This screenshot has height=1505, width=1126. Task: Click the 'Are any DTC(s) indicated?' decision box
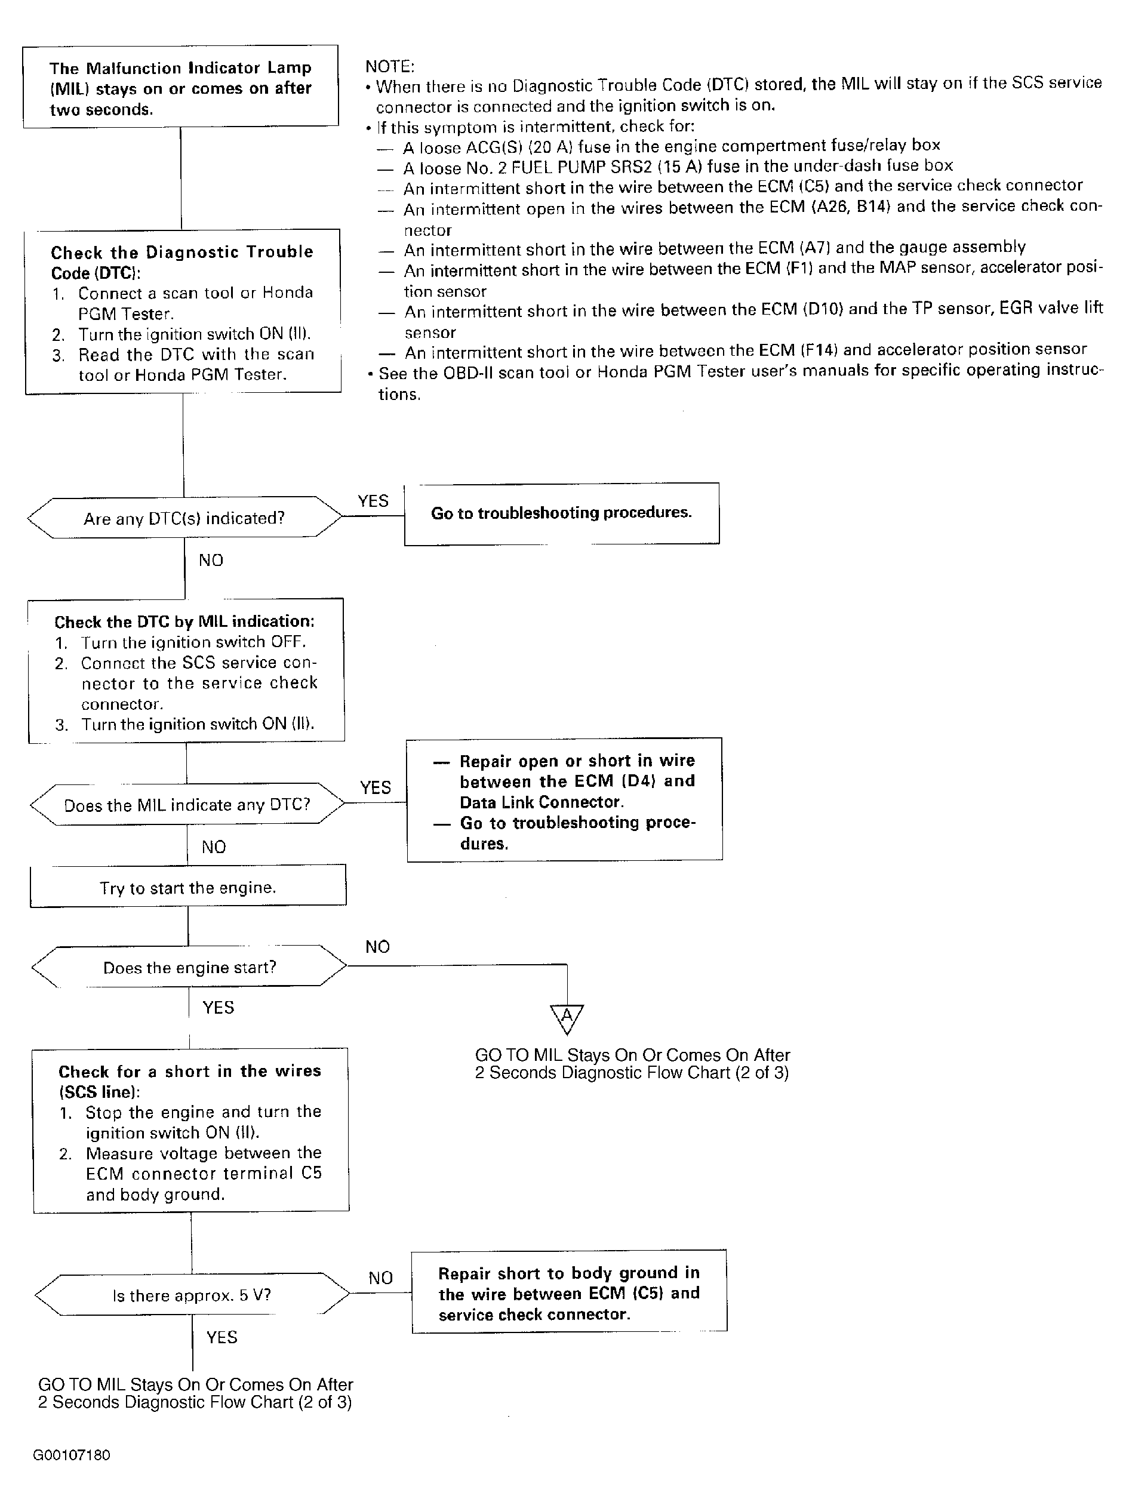pyautogui.click(x=184, y=518)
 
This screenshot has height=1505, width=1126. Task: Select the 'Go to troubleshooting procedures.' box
pyautogui.click(x=561, y=513)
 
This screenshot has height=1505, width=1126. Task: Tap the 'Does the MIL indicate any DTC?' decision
pyautogui.click(x=187, y=805)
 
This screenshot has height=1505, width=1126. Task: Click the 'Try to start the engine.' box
pyautogui.click(x=188, y=887)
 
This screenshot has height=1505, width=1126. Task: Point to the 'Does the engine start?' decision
pyautogui.click(x=189, y=968)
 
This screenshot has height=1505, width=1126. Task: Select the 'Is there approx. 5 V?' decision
pyautogui.click(x=192, y=1295)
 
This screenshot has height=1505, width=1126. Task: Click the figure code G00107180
pyautogui.click(x=72, y=1455)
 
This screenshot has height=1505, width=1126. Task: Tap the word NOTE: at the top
pyautogui.click(x=390, y=66)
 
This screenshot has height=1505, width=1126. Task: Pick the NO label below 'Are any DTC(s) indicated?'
pyautogui.click(x=211, y=560)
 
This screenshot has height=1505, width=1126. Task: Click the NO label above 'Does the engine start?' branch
pyautogui.click(x=377, y=946)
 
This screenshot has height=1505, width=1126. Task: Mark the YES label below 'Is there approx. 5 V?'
pyautogui.click(x=222, y=1337)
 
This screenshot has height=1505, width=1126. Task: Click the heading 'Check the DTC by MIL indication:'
pyautogui.click(x=184, y=621)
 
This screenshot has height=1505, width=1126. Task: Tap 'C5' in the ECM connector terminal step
pyautogui.click(x=311, y=1173)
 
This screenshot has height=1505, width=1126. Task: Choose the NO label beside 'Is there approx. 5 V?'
pyautogui.click(x=380, y=1278)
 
